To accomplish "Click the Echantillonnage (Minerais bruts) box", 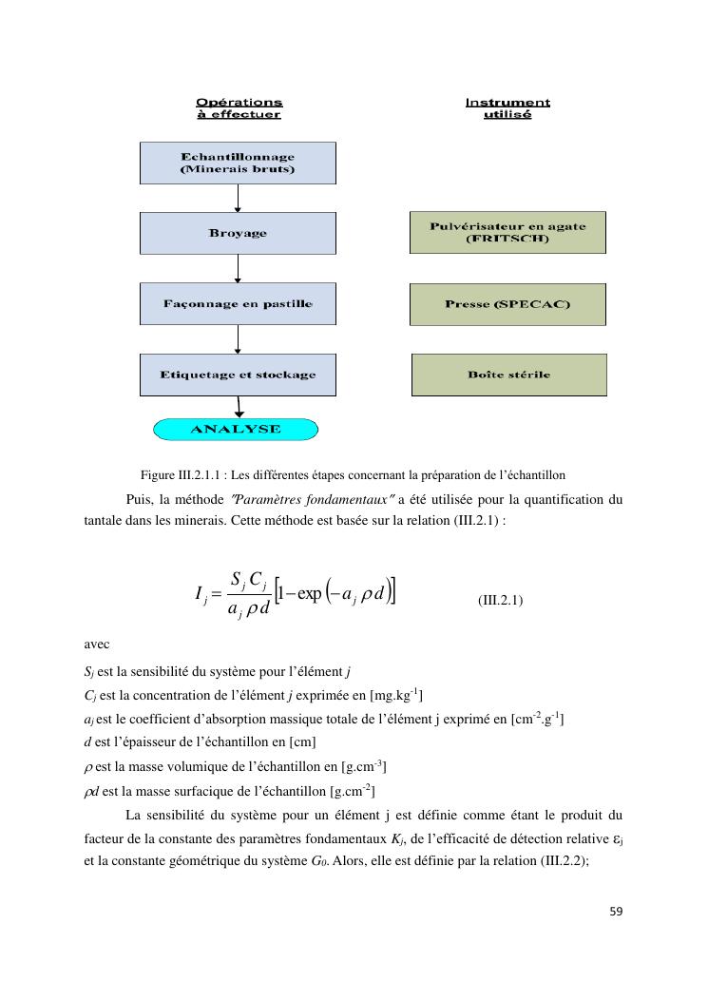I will coord(238,163).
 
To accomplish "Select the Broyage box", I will coord(238,233).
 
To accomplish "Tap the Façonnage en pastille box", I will coord(238,304).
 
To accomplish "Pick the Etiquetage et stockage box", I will coord(238,375).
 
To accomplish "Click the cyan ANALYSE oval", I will coord(236,430).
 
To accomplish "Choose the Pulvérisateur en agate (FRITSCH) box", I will coord(507,232).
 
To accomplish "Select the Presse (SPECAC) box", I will coord(507,304).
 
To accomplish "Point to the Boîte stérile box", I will coord(508,375).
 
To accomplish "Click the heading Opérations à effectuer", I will coord(239,107).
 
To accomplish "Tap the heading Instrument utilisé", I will coord(507,107).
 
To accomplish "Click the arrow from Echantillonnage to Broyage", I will coord(238,198).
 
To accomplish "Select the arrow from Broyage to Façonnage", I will coord(238,268).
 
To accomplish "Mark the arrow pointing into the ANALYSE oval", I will coord(239,407).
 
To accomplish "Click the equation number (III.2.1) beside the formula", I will coord(500,601).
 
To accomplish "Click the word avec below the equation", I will coord(97,644).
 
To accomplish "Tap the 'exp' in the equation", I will coord(310,594).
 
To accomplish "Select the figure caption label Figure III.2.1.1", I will coord(180,474).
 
